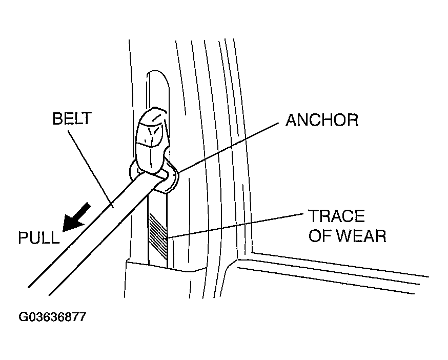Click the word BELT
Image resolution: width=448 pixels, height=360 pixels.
coord(72,118)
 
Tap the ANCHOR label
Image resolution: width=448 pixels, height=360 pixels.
coord(322,120)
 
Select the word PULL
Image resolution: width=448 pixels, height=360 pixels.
coord(39,237)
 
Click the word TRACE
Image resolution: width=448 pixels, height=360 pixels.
coord(337,216)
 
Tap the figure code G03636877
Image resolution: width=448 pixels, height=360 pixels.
coord(52,317)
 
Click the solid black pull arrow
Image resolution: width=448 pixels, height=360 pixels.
coord(76,217)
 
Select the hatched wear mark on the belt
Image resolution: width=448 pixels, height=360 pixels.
coord(157,235)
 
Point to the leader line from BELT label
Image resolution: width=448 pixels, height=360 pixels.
coord(90,169)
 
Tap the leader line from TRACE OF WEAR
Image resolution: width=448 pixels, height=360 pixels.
coord(235,225)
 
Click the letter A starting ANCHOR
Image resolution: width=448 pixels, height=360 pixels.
coord(291,120)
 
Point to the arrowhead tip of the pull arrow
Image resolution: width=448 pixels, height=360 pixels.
coord(63,231)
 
